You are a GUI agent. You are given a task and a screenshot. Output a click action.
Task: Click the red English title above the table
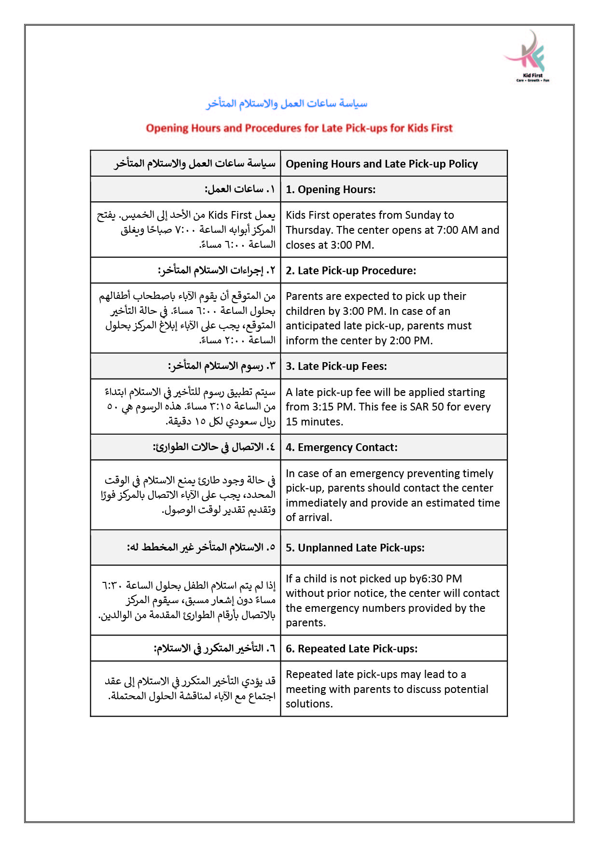299,128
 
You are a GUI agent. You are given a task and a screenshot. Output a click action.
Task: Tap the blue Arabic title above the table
287,103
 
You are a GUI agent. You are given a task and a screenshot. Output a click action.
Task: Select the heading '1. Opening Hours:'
331,189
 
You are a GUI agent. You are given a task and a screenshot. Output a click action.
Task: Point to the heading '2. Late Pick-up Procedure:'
351,270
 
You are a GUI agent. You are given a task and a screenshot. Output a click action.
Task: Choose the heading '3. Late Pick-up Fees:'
336,366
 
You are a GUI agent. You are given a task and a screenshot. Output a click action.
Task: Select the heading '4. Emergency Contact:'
342,447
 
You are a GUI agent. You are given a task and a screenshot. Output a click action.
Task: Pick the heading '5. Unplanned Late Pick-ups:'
355,548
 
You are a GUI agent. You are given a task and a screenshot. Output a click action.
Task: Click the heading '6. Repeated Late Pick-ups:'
352,649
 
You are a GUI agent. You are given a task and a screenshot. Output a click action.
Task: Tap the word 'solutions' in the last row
308,704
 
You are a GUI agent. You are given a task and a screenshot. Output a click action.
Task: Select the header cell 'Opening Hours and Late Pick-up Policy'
382,164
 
